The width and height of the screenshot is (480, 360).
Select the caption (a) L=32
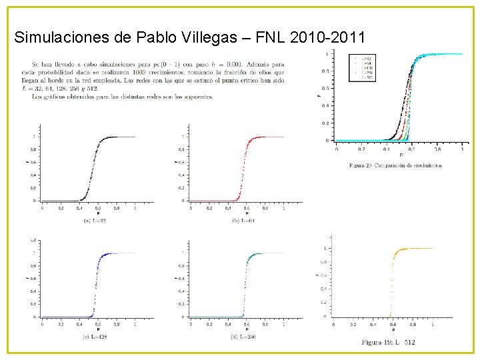coord(95,221)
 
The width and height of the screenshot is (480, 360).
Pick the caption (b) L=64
coord(244,221)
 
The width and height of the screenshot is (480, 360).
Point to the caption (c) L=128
coord(95,337)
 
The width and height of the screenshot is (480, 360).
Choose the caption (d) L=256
coord(244,337)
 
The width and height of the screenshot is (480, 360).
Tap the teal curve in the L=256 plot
coord(245,287)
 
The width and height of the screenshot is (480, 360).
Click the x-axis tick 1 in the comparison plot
coord(462,149)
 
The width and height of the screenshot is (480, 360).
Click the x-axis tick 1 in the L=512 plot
coord(433,324)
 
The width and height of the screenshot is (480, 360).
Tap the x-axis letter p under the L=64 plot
coord(247,213)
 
